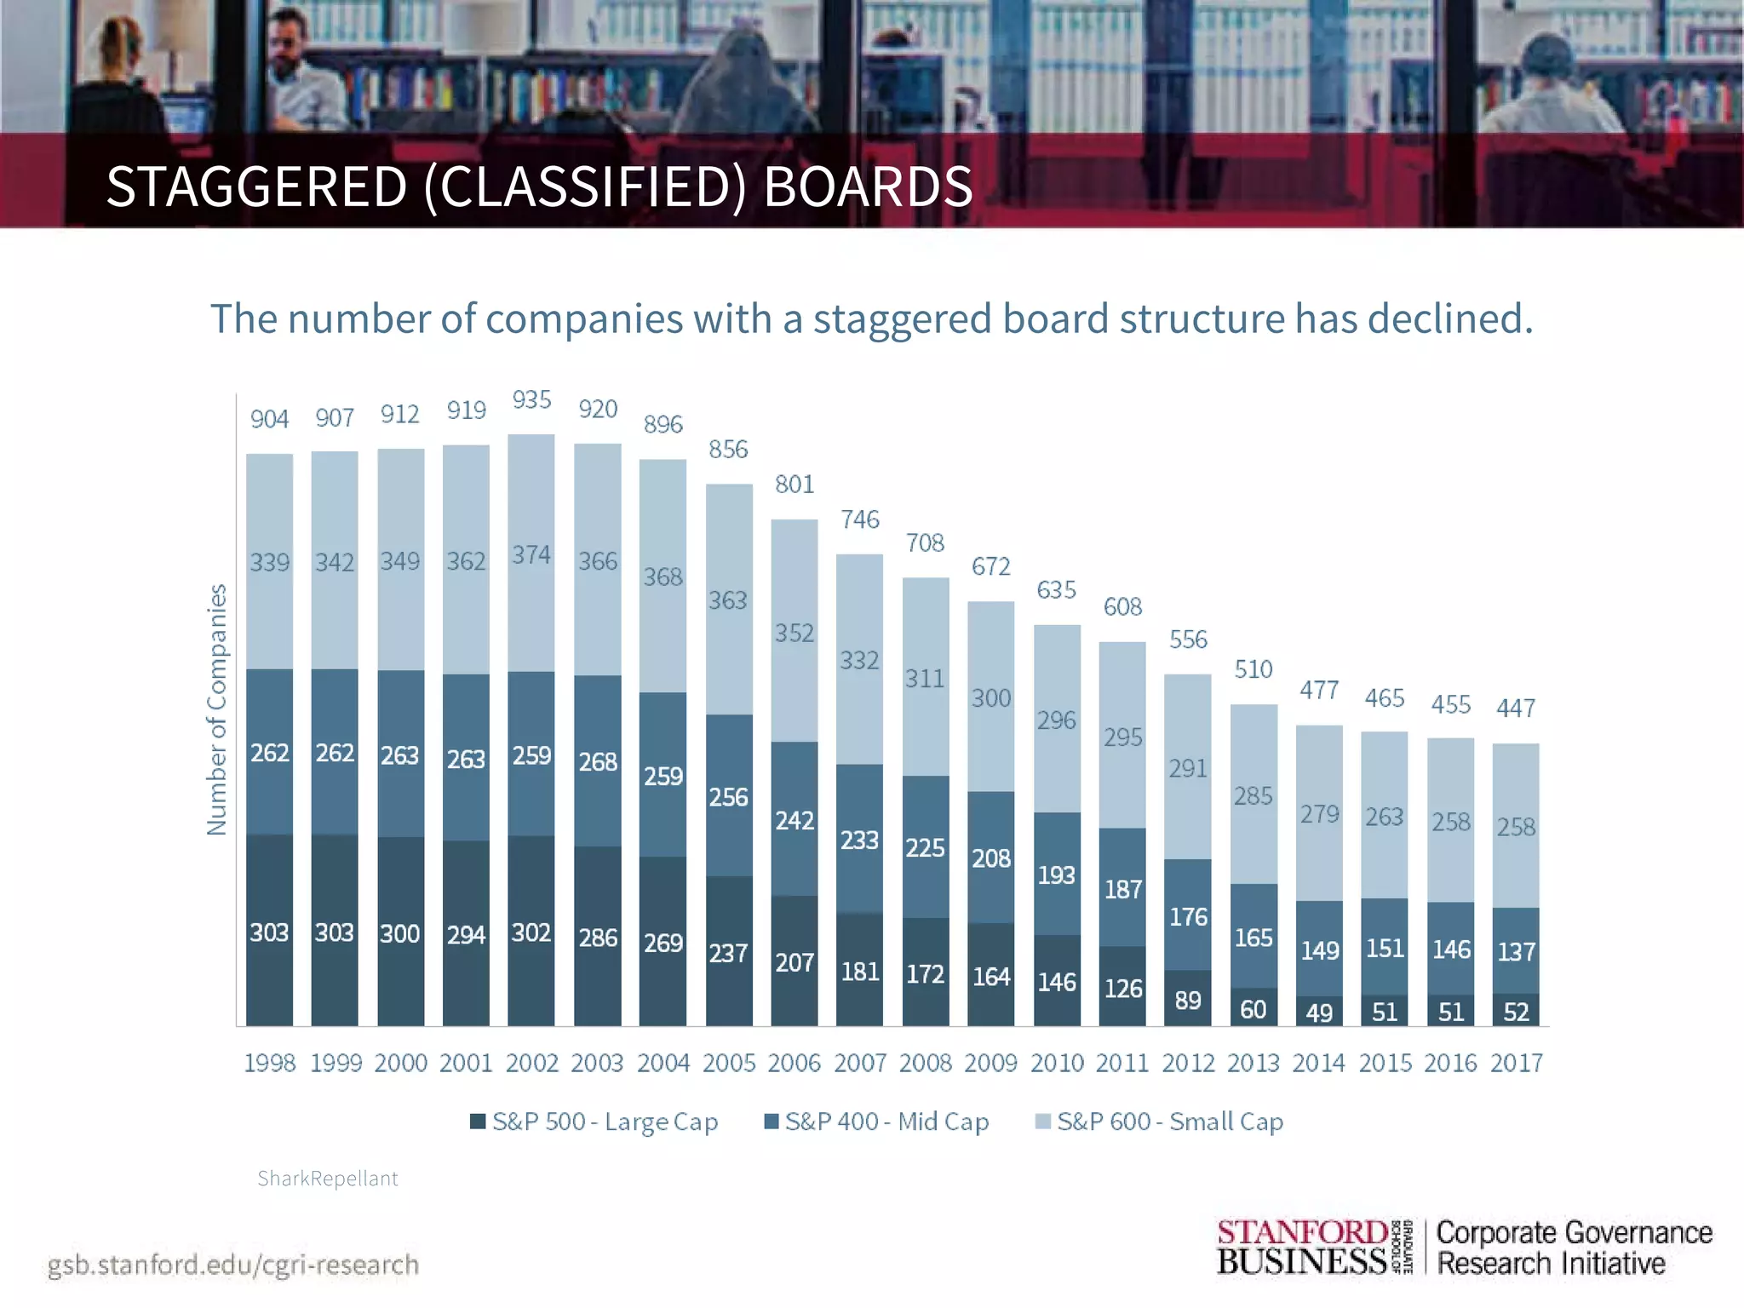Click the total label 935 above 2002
[x=531, y=399]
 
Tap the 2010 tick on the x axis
[x=1057, y=1063]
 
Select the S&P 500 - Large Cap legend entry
[x=594, y=1122]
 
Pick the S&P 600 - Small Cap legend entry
[x=1159, y=1122]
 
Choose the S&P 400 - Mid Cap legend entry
[x=877, y=1122]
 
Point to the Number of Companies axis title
[x=217, y=709]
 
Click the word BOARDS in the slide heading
[x=868, y=186]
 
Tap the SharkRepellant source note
[x=328, y=1179]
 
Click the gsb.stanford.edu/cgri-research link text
[x=233, y=1265]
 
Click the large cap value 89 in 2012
[x=1188, y=1000]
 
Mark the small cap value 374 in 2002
[x=531, y=555]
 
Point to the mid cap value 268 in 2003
[x=598, y=761]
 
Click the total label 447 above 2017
[x=1516, y=708]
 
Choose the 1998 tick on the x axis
[x=269, y=1063]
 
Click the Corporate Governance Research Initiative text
[x=1574, y=1248]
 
